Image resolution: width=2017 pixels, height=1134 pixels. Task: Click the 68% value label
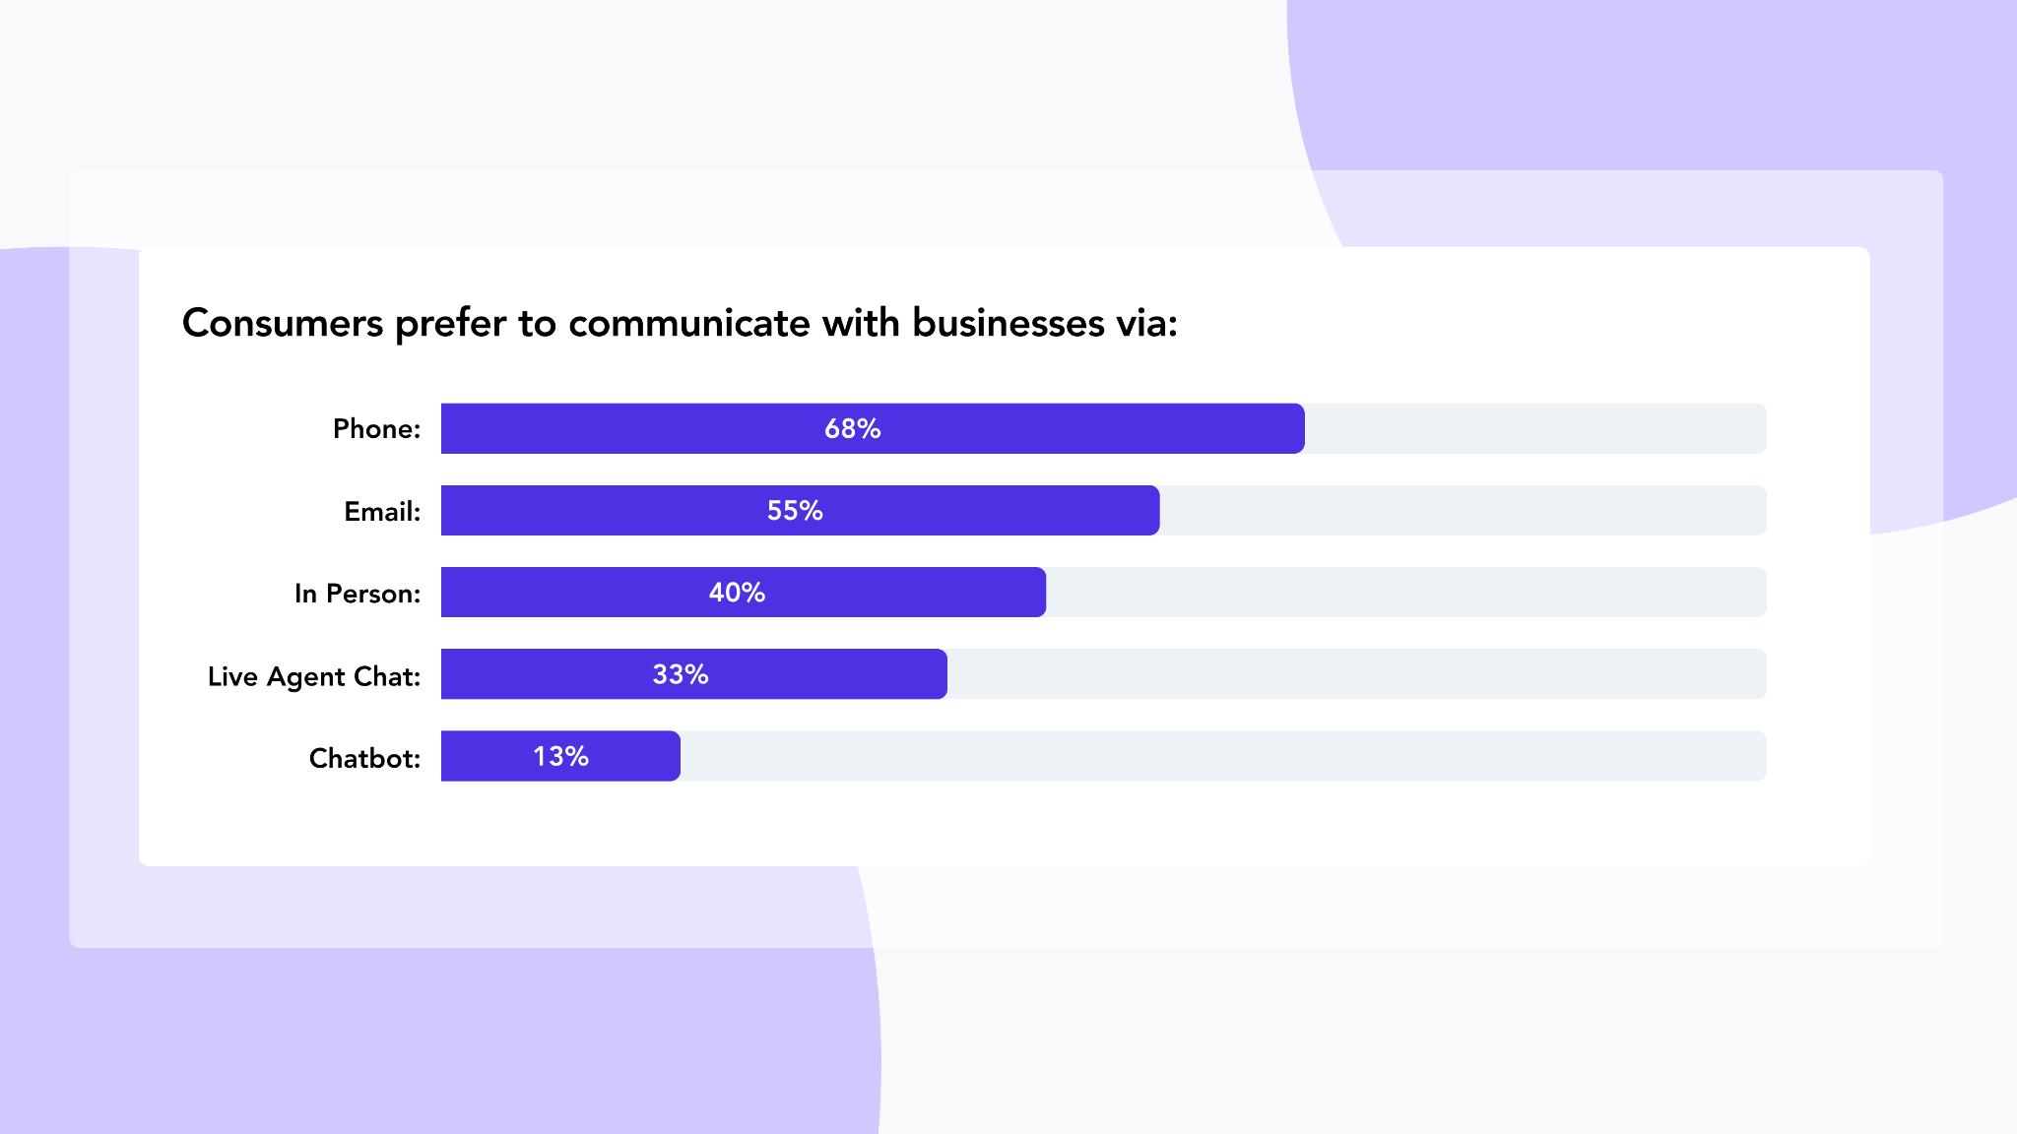coord(853,428)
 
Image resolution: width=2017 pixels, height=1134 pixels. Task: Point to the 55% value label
coord(795,510)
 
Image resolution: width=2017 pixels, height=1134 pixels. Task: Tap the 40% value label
coord(737,592)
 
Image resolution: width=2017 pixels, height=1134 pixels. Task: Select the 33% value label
coord(681,674)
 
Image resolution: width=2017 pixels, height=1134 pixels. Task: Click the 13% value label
coord(561,756)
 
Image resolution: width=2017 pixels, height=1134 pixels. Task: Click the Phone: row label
coord(376,429)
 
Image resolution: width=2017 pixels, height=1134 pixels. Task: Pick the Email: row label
coord(382,512)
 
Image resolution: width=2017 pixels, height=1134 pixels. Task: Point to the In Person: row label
coord(358,594)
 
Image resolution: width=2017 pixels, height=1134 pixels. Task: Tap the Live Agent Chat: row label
coord(314,676)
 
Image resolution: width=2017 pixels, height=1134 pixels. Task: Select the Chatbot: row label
coord(364,758)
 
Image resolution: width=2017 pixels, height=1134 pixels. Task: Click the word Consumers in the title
coord(283,323)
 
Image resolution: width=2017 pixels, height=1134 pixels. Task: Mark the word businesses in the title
coord(1008,323)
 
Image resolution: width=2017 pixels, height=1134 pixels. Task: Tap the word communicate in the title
coord(689,323)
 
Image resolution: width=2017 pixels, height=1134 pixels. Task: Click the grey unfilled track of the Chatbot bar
coord(1221,756)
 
